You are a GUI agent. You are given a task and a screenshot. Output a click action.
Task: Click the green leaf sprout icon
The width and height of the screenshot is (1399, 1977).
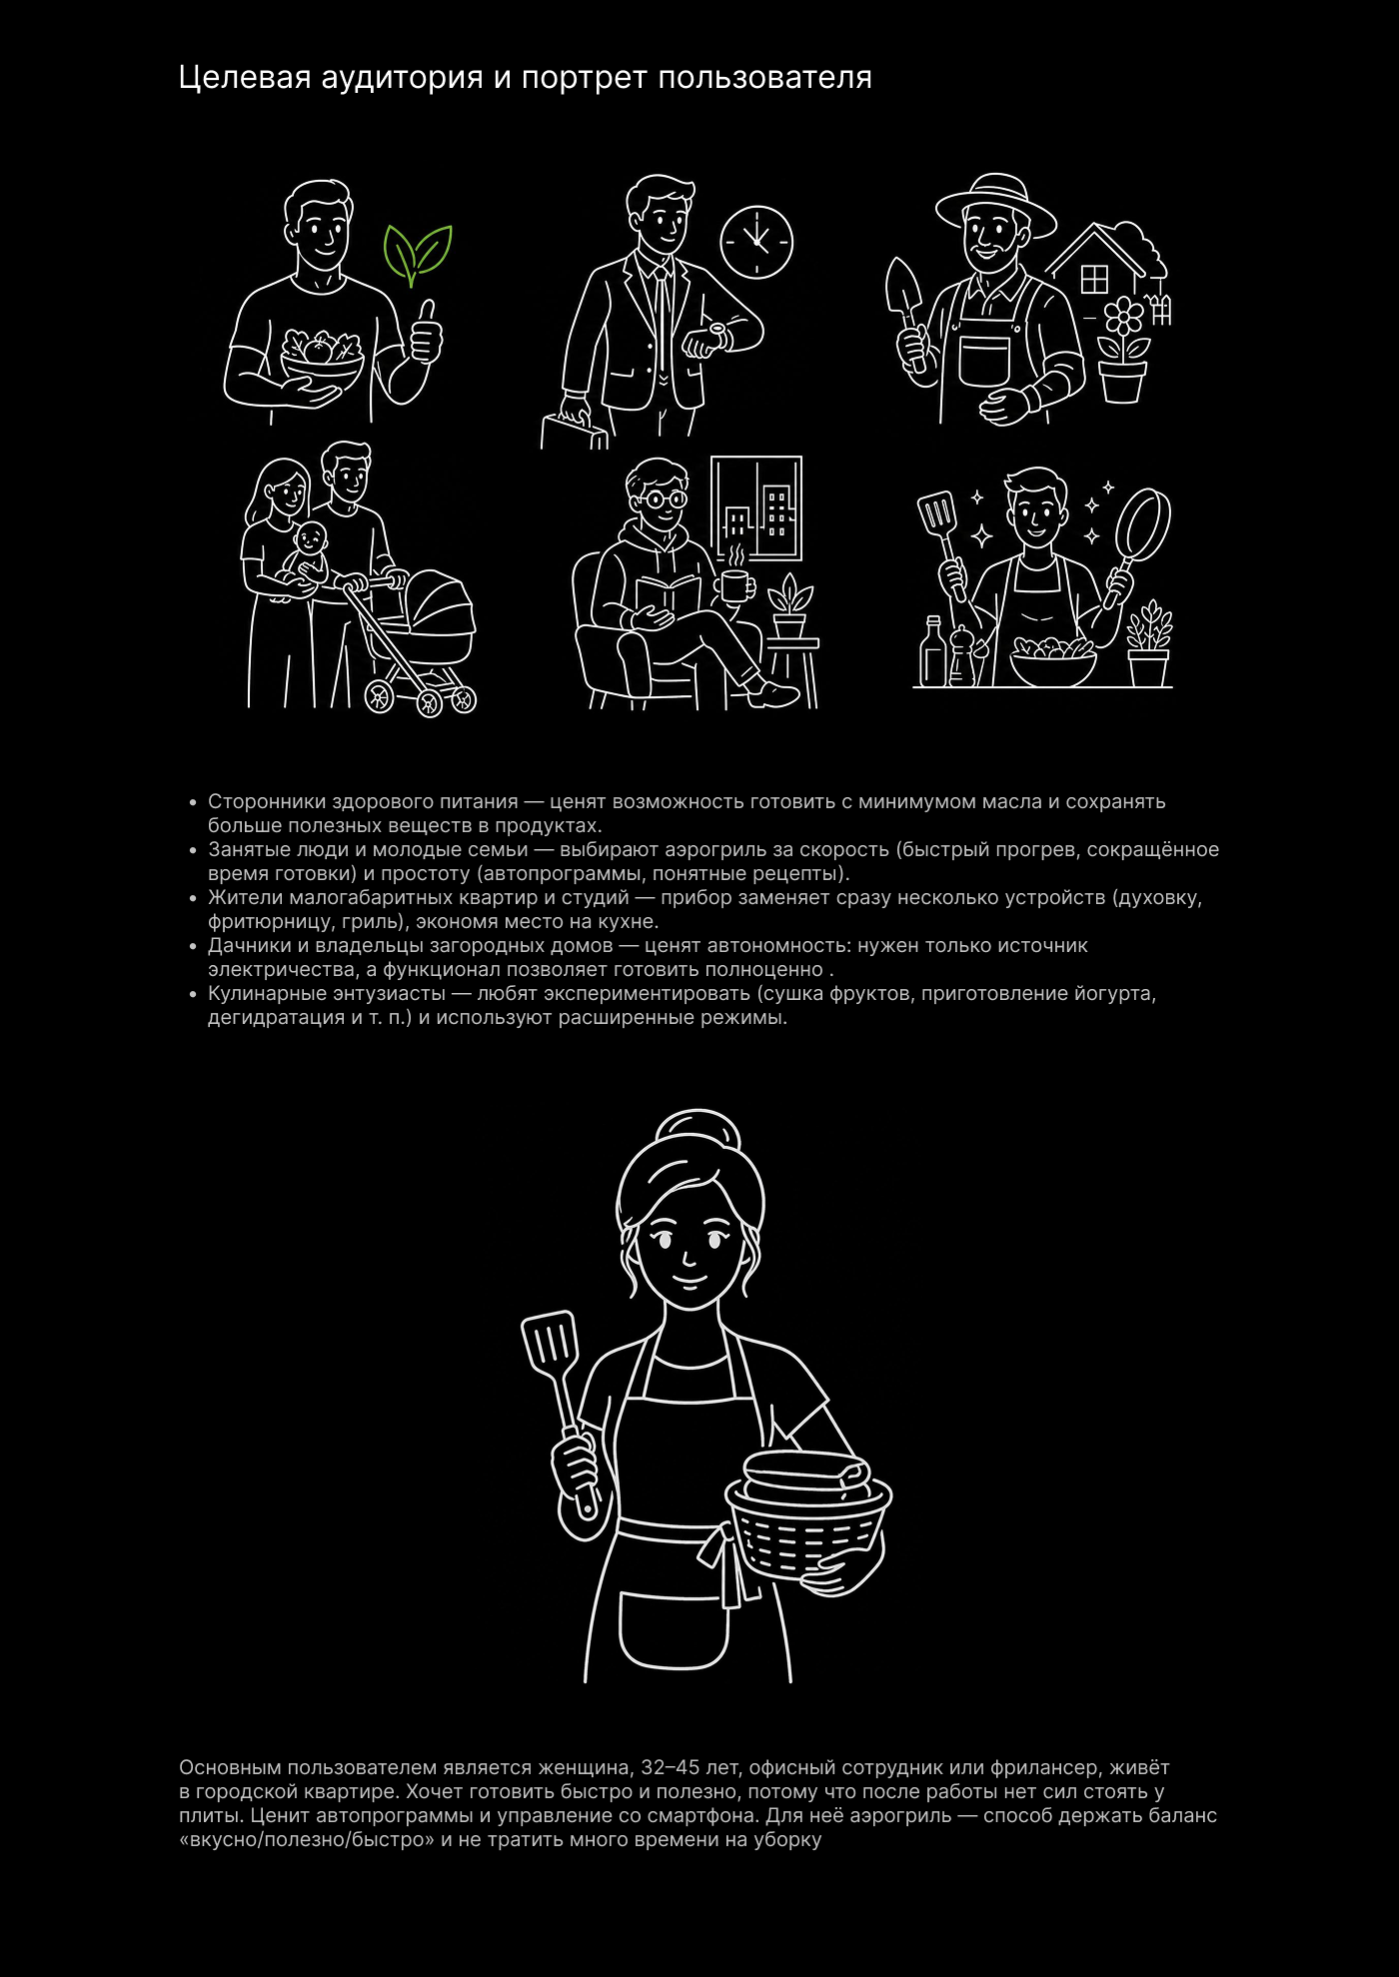(x=418, y=255)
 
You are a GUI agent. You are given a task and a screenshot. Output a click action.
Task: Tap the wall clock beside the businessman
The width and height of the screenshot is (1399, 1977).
(x=756, y=242)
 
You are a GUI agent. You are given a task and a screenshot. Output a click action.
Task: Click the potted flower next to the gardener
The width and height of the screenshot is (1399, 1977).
(x=1122, y=349)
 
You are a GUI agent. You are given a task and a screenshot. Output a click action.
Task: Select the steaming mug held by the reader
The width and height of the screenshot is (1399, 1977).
(x=734, y=585)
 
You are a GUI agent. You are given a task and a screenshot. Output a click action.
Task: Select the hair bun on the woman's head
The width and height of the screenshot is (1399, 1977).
(x=699, y=1131)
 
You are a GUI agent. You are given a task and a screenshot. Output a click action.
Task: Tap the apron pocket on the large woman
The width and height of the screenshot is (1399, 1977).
(x=674, y=1629)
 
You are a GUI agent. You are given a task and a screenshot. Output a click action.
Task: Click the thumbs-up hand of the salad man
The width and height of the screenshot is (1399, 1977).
(x=426, y=334)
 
